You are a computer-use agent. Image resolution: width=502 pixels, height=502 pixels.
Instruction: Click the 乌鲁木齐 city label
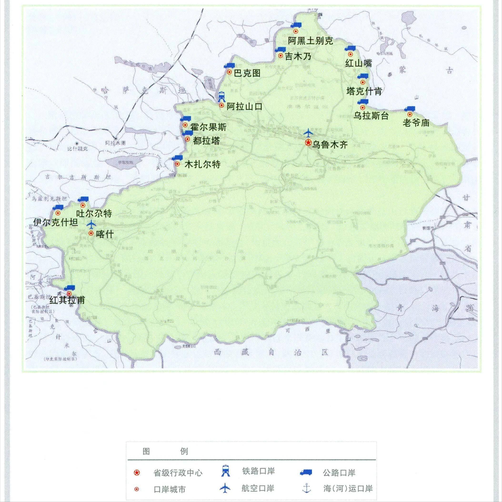[x=330, y=145]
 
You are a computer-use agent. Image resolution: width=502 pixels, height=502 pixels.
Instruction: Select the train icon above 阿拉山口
[x=222, y=97]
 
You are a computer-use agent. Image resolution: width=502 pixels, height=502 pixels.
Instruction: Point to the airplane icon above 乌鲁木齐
[x=308, y=133]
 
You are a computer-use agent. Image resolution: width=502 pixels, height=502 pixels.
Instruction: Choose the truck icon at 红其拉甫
[x=69, y=288]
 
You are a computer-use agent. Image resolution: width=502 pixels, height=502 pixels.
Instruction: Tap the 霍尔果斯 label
[x=208, y=127]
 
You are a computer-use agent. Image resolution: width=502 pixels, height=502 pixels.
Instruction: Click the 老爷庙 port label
[x=416, y=123]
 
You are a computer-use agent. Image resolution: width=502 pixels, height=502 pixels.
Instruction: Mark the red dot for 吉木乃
[x=281, y=55]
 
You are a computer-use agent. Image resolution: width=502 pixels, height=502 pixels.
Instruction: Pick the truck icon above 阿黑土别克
[x=296, y=25]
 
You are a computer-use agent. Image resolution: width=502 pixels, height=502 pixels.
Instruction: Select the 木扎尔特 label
[x=202, y=164]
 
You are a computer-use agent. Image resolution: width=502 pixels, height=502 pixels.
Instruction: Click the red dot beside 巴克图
[x=229, y=72]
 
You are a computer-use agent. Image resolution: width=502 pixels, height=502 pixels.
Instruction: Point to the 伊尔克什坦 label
[x=55, y=222]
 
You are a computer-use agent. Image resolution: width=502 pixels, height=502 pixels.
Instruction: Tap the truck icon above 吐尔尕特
[x=83, y=199]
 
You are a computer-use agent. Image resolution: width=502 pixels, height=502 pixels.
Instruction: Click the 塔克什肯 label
[x=364, y=91]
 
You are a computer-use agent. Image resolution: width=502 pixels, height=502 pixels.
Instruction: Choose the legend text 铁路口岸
[x=258, y=471]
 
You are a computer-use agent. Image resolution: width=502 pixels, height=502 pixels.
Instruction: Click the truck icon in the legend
[x=306, y=472]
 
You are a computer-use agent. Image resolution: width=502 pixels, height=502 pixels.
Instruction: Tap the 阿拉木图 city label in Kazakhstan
[x=116, y=143]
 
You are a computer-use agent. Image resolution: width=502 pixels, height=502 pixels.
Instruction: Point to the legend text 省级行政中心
[x=178, y=473]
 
